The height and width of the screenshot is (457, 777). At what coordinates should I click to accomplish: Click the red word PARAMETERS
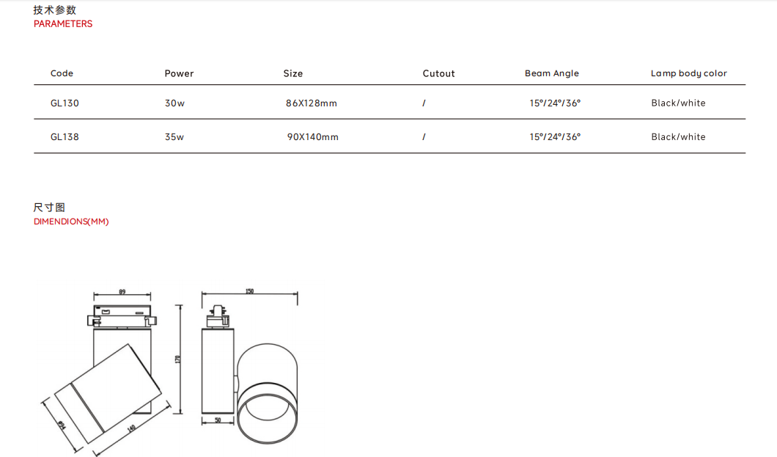[63, 23]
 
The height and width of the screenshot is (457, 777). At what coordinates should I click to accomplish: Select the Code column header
[62, 73]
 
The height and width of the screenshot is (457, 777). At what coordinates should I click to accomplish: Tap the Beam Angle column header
[551, 73]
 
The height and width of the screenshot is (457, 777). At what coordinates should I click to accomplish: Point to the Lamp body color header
[689, 73]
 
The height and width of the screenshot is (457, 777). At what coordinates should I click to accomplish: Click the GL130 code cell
[65, 103]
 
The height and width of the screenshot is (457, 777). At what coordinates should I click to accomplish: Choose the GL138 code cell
[65, 136]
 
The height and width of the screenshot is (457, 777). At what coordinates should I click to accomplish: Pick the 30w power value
[174, 103]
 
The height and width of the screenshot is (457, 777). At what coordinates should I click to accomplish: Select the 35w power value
[174, 136]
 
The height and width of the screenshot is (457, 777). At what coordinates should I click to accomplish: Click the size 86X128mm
[312, 103]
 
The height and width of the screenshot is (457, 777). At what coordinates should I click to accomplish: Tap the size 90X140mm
[313, 136]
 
